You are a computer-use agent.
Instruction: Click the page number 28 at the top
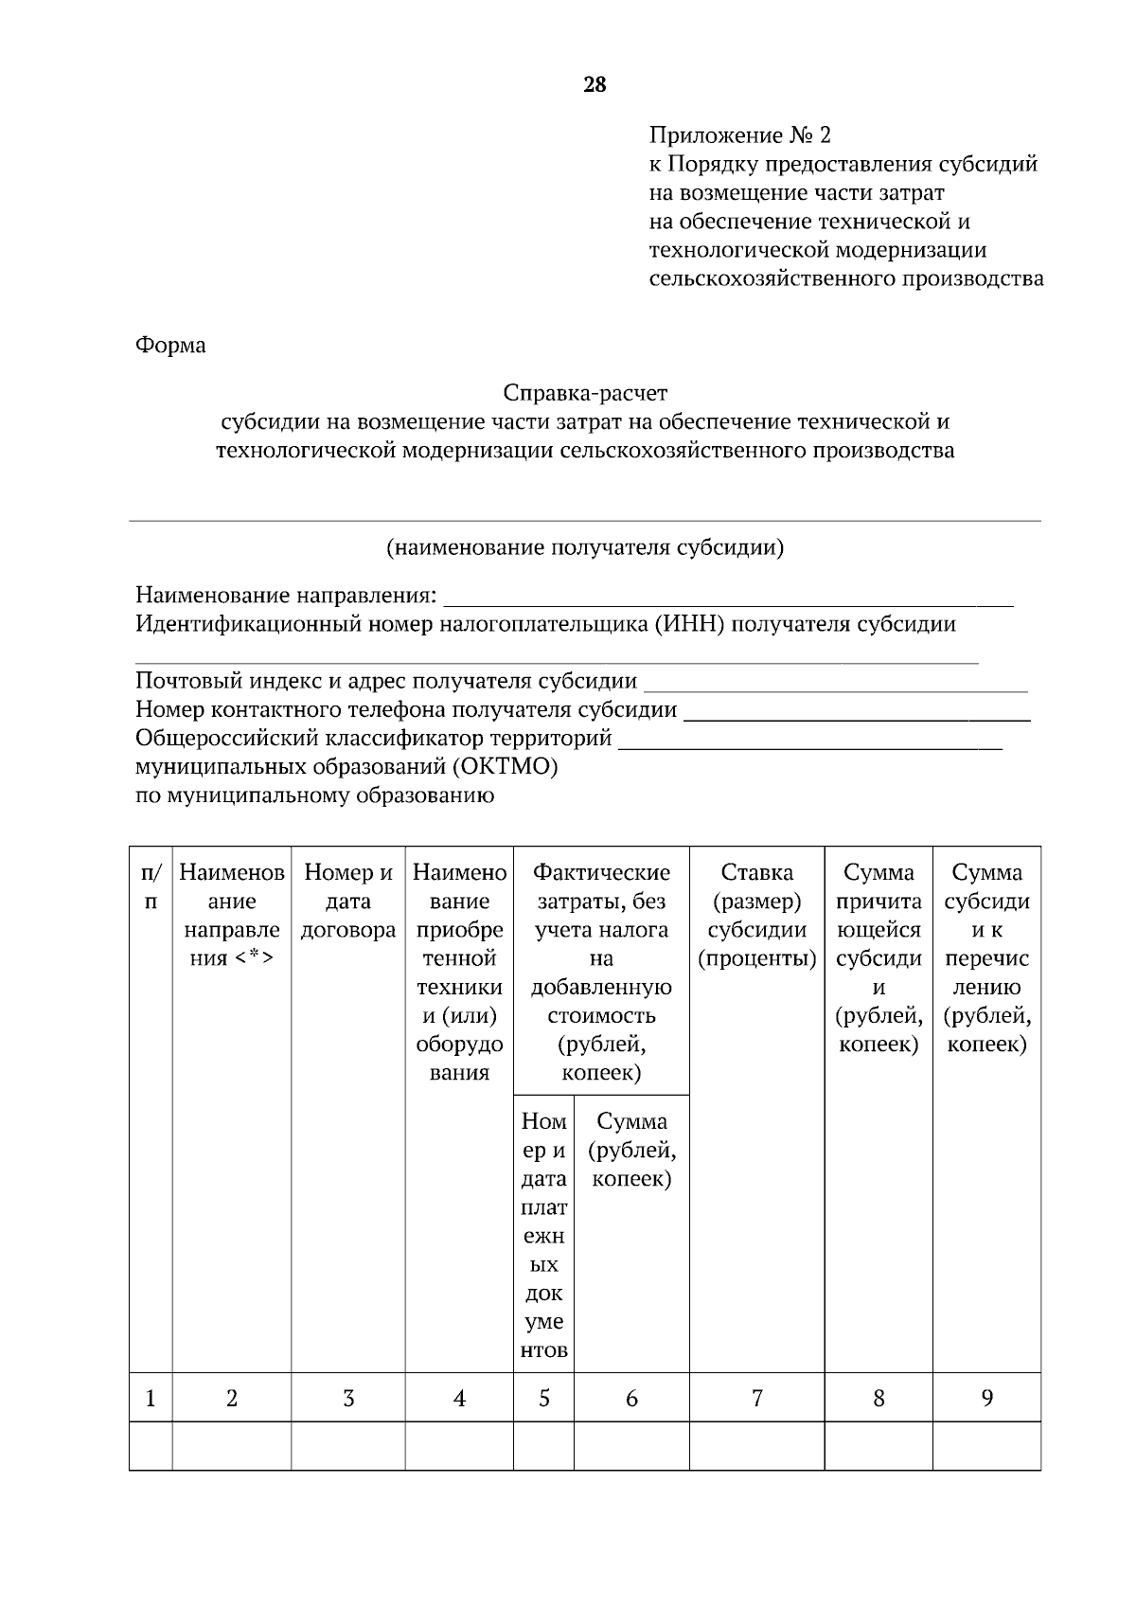click(x=595, y=85)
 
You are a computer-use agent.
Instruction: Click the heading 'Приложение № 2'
click(x=739, y=135)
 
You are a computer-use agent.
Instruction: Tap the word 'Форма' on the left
click(x=170, y=346)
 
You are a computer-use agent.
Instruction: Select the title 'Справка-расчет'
click(x=585, y=392)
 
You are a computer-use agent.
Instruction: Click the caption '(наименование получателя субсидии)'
click(x=584, y=547)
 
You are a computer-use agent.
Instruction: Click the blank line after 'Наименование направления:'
click(x=728, y=599)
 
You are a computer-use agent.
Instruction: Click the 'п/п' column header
click(x=151, y=886)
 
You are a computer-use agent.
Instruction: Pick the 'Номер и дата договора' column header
click(x=348, y=901)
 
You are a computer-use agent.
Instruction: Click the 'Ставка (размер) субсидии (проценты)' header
click(x=757, y=915)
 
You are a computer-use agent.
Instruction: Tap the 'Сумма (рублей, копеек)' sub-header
click(x=631, y=1150)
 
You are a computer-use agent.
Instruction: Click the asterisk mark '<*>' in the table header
click(x=254, y=958)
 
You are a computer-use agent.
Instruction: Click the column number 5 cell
click(x=544, y=1398)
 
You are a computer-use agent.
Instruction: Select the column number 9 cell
click(x=986, y=1398)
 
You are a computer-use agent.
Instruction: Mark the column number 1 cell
click(x=151, y=1398)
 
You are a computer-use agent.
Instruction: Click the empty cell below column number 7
click(x=757, y=1446)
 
